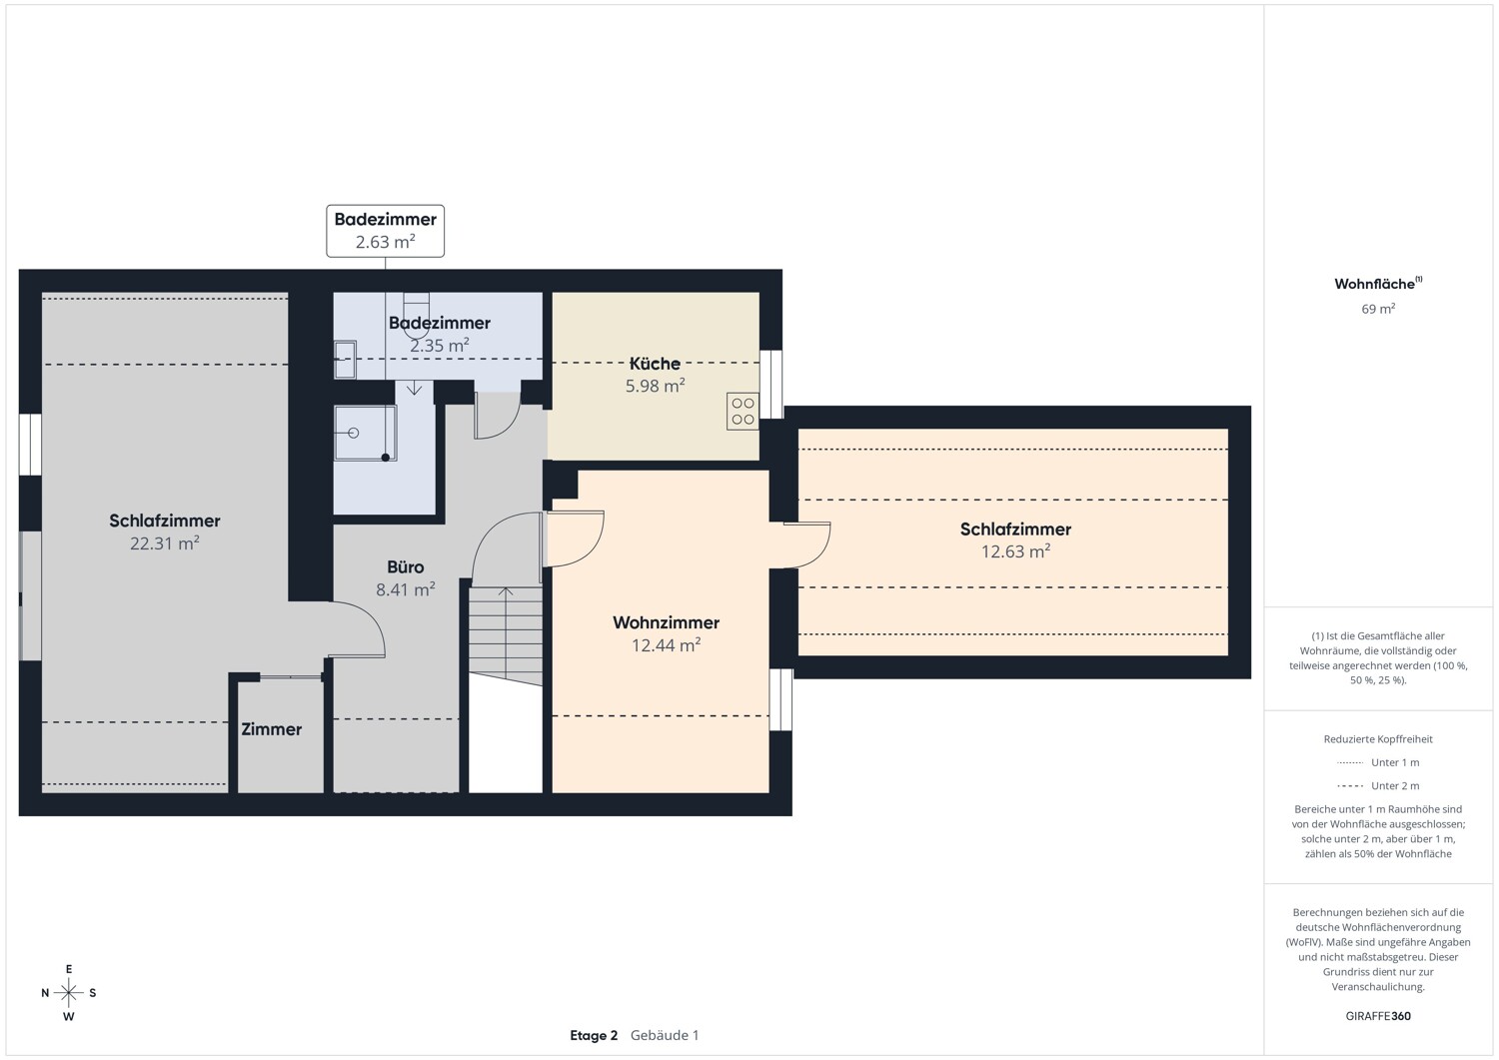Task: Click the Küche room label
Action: coord(655,364)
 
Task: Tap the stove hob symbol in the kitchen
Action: coord(743,411)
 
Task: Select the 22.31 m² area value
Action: coord(165,542)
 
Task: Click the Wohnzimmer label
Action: coord(666,622)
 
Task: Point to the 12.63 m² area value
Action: coord(1016,550)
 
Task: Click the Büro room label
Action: coord(406,566)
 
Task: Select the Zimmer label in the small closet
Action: coord(271,728)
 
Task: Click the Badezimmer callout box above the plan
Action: coord(386,231)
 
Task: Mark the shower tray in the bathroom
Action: coord(366,433)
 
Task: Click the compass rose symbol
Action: coord(68,992)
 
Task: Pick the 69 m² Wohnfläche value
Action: coord(1378,309)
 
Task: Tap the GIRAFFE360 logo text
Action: coord(1378,1016)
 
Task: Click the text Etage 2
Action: coord(594,1035)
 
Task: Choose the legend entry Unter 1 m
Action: coord(1378,762)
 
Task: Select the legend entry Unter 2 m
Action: coord(1378,785)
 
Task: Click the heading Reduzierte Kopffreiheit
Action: coord(1378,738)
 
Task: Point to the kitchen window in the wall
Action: coord(770,385)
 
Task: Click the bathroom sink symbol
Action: coord(345,360)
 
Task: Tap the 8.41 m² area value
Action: coord(406,588)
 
